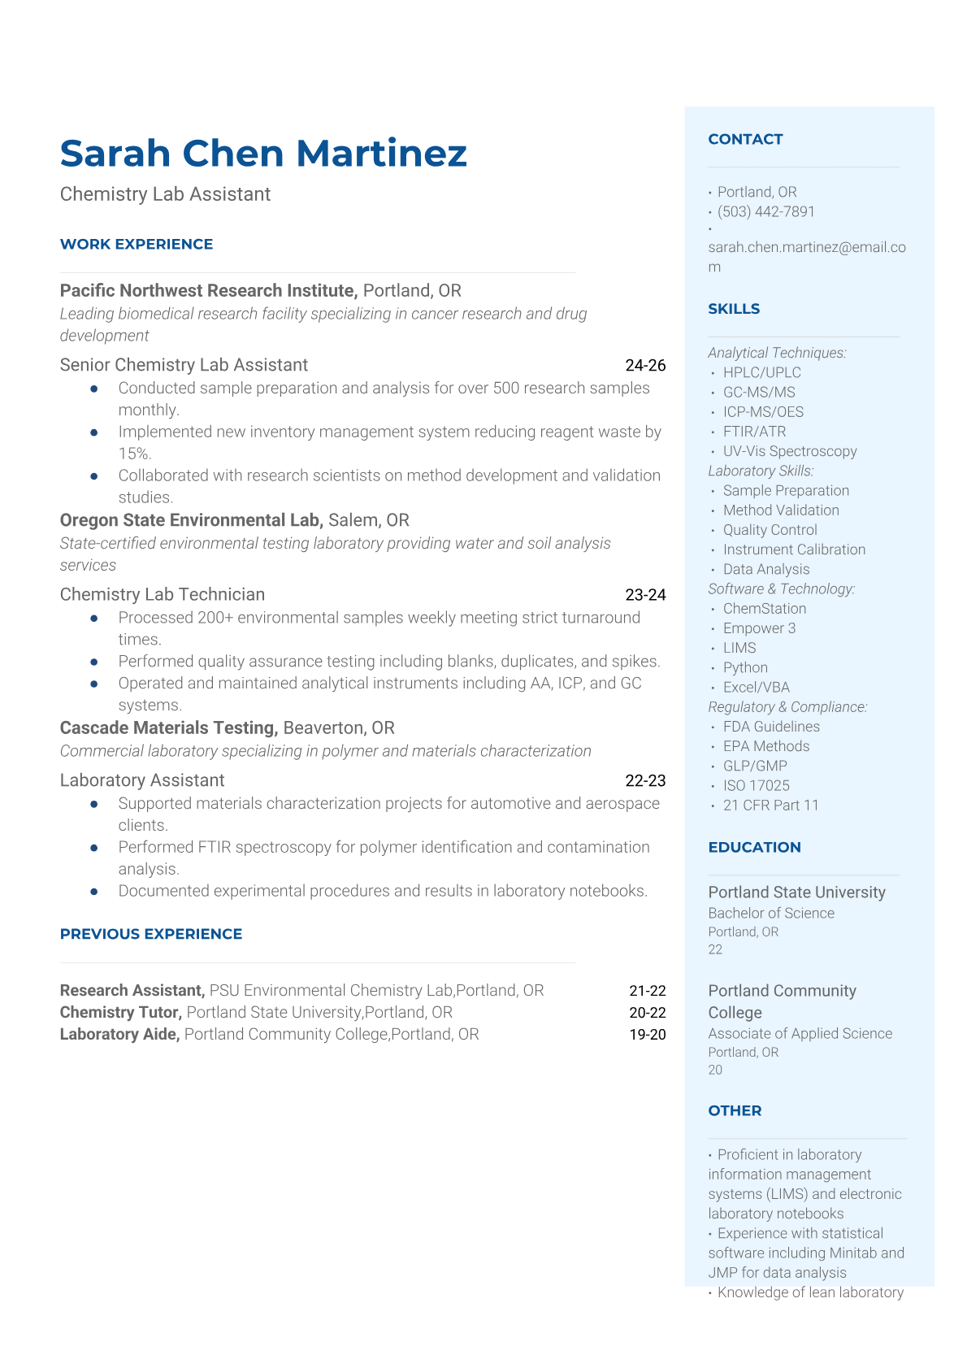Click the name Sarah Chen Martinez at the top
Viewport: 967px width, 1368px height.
[263, 154]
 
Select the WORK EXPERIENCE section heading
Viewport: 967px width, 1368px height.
[137, 245]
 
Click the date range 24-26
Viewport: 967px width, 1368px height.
[645, 366]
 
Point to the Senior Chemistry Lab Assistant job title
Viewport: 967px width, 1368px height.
[184, 365]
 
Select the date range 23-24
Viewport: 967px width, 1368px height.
[645, 595]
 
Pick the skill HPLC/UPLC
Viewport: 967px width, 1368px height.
[761, 373]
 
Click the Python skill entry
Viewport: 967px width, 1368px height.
[745, 668]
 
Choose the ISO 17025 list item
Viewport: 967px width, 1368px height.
[756, 786]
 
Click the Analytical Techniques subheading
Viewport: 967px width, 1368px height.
[777, 353]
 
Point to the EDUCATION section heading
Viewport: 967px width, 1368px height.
[754, 848]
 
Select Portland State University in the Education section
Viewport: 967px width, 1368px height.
[796, 892]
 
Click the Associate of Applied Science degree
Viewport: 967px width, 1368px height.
[800, 1034]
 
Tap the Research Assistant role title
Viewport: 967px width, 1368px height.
[132, 991]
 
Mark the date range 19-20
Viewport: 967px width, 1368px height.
[647, 1035]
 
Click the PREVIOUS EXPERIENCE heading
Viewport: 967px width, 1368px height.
[151, 935]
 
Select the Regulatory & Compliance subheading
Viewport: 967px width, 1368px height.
[787, 707]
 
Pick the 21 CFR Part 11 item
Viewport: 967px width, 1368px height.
[770, 806]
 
